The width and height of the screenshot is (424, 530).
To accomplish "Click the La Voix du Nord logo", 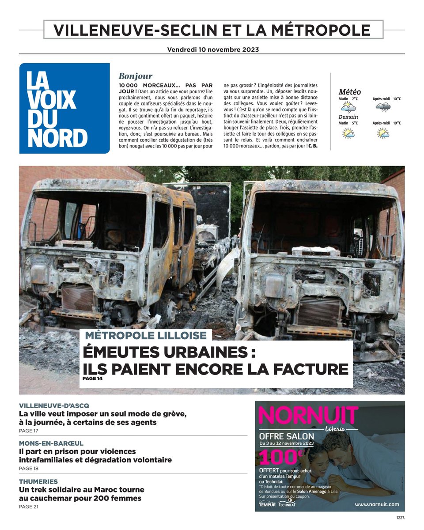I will click(x=64, y=108).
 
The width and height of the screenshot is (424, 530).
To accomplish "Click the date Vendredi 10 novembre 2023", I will click(x=213, y=49).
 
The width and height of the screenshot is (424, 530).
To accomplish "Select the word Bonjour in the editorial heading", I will click(x=136, y=76).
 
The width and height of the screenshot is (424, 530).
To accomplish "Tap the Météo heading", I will click(x=349, y=92).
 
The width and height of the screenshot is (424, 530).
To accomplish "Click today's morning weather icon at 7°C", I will click(x=348, y=107).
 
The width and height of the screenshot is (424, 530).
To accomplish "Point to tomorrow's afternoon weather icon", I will click(x=382, y=133).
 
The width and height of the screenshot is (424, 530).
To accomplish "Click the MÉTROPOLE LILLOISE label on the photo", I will click(x=146, y=335).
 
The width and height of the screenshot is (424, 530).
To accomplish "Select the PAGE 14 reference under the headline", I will click(x=92, y=378).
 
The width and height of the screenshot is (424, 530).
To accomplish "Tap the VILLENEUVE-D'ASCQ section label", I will click(x=54, y=405).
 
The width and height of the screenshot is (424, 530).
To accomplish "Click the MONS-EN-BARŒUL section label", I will click(x=51, y=443).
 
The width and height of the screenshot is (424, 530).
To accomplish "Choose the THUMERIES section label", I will click(x=38, y=481).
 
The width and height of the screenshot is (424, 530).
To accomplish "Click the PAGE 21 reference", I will click(x=29, y=507).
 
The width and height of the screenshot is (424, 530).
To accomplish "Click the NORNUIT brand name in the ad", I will click(x=308, y=415).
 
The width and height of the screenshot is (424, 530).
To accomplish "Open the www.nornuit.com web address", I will click(x=376, y=504).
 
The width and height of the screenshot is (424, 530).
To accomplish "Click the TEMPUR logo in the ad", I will click(x=267, y=504).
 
